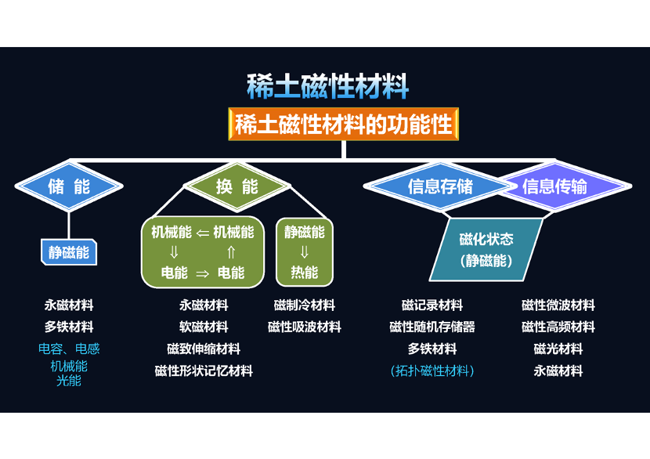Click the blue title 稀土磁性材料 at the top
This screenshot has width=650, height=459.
pos(327,87)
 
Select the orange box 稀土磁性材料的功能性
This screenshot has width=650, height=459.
pos(344,125)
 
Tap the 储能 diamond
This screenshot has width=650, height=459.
pos(69,186)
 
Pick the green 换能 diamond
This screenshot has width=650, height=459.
pos(237,186)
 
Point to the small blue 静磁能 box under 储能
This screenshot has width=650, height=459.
pos(69,252)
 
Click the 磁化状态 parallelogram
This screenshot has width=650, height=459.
pos(486,249)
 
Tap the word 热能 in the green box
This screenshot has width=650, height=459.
pos(305,273)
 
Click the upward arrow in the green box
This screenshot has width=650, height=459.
pos(231,252)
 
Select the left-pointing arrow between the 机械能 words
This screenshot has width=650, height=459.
pos(202,232)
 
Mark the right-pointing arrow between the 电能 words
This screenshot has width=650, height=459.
pos(202,273)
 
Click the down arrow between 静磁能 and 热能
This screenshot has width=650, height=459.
pos(305,252)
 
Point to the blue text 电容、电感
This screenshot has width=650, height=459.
pos(69,349)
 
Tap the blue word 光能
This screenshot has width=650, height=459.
pos(69,381)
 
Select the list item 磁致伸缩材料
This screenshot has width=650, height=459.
pos(203,349)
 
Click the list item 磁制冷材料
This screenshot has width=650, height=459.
pos(305,305)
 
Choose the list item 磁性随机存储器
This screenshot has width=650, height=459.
pos(432,327)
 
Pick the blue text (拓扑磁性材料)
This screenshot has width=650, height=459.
pos(432,370)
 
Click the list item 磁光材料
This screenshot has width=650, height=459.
pos(558,349)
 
